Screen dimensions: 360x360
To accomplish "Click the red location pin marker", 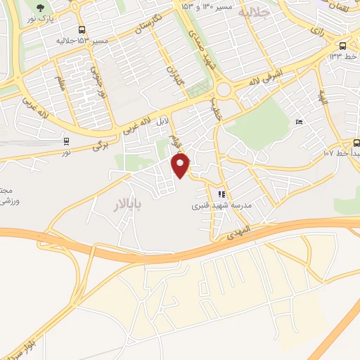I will point(181,165).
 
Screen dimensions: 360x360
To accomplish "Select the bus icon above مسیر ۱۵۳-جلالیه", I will point(82,30).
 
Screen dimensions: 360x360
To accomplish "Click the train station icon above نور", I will point(66,141).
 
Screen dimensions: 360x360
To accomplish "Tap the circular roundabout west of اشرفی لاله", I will point(226,89).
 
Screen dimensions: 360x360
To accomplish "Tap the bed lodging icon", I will point(300,122).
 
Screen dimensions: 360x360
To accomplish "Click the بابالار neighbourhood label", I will point(129,205).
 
